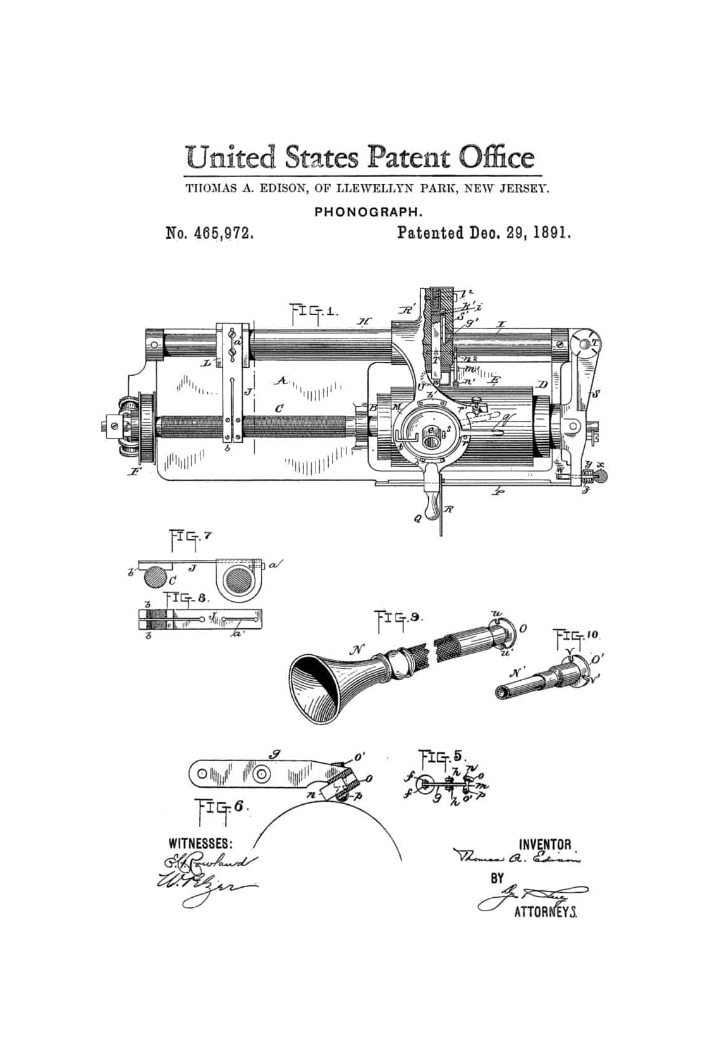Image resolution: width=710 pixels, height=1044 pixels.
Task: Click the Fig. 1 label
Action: pyautogui.click(x=314, y=312)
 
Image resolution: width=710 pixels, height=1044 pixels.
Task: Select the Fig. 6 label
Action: pyautogui.click(x=221, y=808)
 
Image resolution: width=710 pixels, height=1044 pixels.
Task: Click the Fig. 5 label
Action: pyautogui.click(x=442, y=757)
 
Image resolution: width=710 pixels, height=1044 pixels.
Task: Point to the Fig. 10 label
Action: pyautogui.click(x=576, y=635)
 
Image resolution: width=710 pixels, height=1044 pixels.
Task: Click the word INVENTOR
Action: pyautogui.click(x=544, y=844)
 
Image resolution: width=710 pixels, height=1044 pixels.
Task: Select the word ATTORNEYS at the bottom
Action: pyautogui.click(x=545, y=912)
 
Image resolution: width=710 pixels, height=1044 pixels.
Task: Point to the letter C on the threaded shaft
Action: pyautogui.click(x=278, y=409)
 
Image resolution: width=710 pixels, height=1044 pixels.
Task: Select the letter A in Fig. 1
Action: pyautogui.click(x=283, y=380)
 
